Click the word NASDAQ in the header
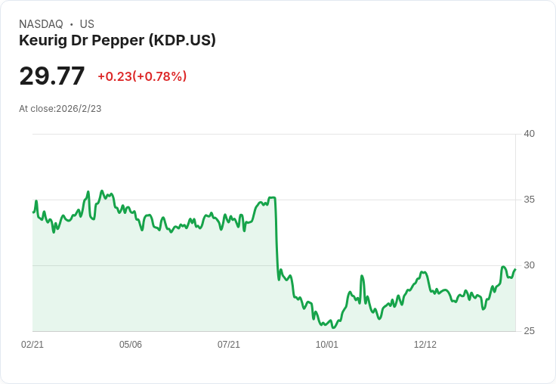[41, 24]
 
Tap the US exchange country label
[87, 24]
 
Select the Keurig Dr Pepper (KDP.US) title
[117, 40]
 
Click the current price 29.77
[52, 76]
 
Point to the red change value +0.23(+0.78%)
[142, 76]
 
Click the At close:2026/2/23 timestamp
[60, 109]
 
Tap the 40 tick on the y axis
[530, 134]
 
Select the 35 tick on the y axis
[530, 200]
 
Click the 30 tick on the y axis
[530, 265]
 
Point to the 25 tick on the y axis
[530, 331]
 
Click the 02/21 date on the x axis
[32, 345]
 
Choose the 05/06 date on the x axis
[131, 345]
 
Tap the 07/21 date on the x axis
[229, 345]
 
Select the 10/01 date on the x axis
[327, 345]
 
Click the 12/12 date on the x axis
[425, 345]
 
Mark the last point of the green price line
[515, 269]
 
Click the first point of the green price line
[33, 212]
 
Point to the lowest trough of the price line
[333, 327]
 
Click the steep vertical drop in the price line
[276, 238]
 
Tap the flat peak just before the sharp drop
[272, 198]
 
